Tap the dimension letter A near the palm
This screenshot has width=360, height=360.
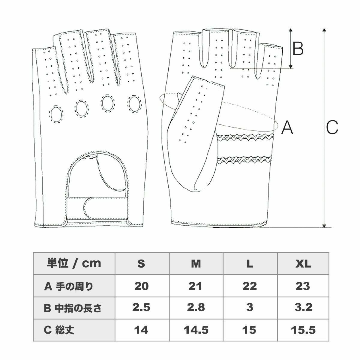pyautogui.click(x=287, y=127)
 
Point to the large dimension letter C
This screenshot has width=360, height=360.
pyautogui.click(x=332, y=127)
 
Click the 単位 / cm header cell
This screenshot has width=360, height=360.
pyautogui.click(x=74, y=263)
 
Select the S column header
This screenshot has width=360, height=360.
pyautogui.click(x=141, y=263)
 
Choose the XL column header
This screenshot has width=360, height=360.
pyautogui.click(x=303, y=263)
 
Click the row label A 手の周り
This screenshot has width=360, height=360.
pyautogui.click(x=69, y=286)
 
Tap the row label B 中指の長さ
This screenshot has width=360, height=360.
pyautogui.click(x=73, y=308)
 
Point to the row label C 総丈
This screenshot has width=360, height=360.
pyautogui.click(x=59, y=330)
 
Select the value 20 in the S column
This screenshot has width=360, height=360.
pyautogui.click(x=141, y=286)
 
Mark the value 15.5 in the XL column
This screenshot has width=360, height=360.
pyautogui.click(x=303, y=330)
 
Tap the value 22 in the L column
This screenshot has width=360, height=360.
pyautogui.click(x=250, y=286)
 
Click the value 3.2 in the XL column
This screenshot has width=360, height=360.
pyautogui.click(x=303, y=308)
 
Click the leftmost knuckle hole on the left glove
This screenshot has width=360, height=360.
pyautogui.click(x=56, y=114)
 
